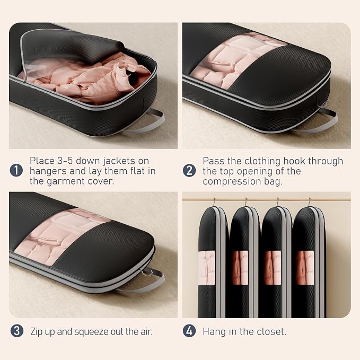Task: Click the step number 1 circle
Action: pyautogui.click(x=16, y=170)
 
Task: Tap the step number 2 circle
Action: pyautogui.click(x=189, y=171)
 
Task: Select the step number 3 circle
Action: pyautogui.click(x=17, y=331)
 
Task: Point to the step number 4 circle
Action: pyautogui.click(x=189, y=331)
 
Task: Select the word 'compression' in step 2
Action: pyautogui.click(x=232, y=181)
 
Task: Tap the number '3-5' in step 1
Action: pyautogui.click(x=65, y=161)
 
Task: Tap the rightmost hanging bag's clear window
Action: pyautogui.click(x=305, y=268)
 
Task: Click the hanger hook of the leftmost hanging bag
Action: pyautogui.click(x=214, y=202)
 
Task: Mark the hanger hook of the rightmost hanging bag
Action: pyautogui.click(x=310, y=202)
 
